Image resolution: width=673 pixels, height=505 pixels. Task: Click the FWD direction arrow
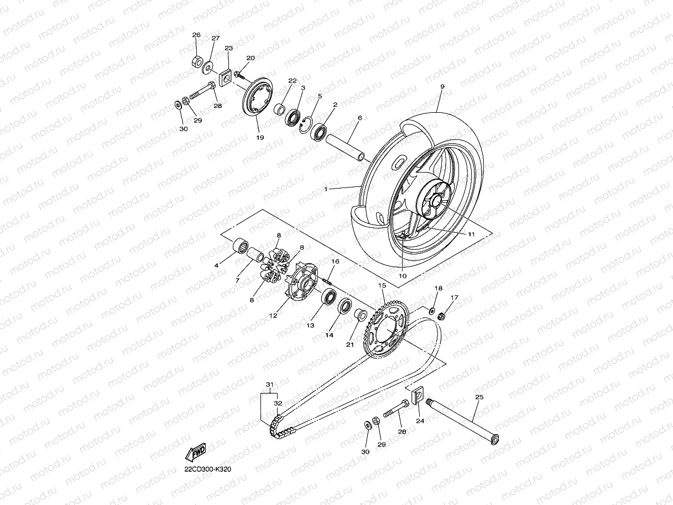click(x=196, y=453)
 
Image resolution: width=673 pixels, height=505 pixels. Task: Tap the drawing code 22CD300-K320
click(x=208, y=470)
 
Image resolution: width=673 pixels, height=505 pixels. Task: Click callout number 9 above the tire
click(x=442, y=87)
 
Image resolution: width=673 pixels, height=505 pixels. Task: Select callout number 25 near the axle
click(x=479, y=397)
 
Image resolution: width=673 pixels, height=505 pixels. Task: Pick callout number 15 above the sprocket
click(x=381, y=285)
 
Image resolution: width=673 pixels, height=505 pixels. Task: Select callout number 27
click(x=215, y=38)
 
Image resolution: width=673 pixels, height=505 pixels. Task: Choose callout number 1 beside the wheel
click(x=326, y=189)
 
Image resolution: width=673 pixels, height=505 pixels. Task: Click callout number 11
click(x=471, y=234)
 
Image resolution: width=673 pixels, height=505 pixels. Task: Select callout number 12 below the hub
click(x=273, y=316)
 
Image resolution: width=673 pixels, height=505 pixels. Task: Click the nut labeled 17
click(x=442, y=316)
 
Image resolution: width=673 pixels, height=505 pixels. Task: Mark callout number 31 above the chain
click(x=270, y=384)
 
